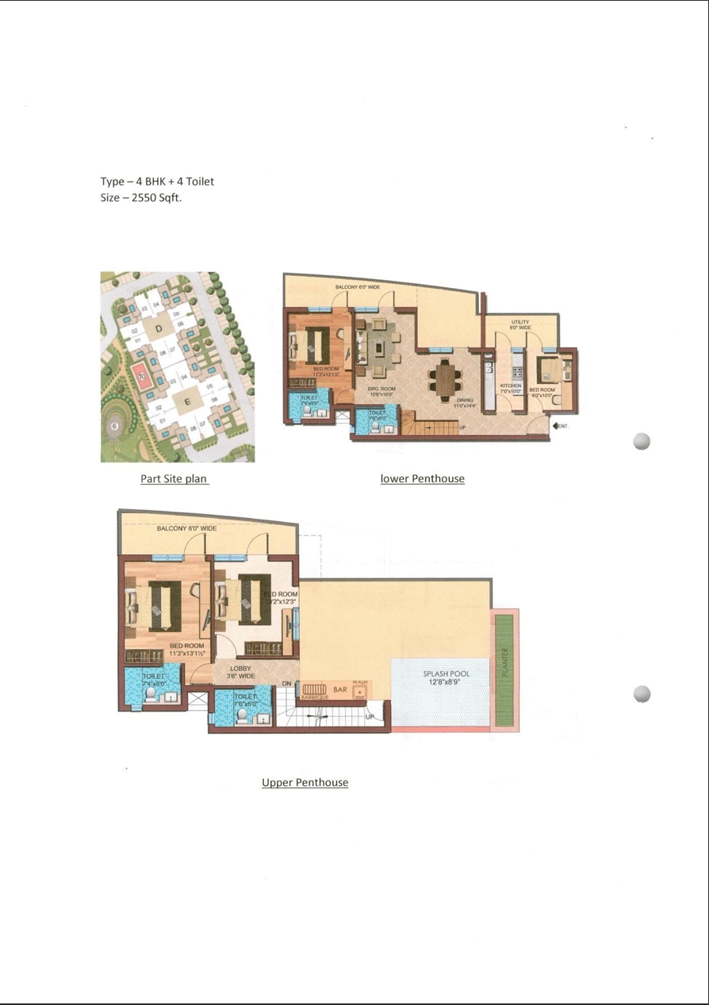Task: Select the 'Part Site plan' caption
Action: tap(174, 478)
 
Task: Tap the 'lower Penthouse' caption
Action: tap(422, 478)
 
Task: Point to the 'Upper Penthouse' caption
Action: tap(305, 782)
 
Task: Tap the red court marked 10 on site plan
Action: tap(142, 376)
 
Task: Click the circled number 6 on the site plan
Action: tap(115, 426)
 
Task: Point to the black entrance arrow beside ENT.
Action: tap(555, 426)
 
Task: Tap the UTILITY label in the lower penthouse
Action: tap(520, 322)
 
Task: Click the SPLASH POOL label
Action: tap(446, 674)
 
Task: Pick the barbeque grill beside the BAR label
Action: tap(314, 690)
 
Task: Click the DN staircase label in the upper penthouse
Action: tap(286, 684)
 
